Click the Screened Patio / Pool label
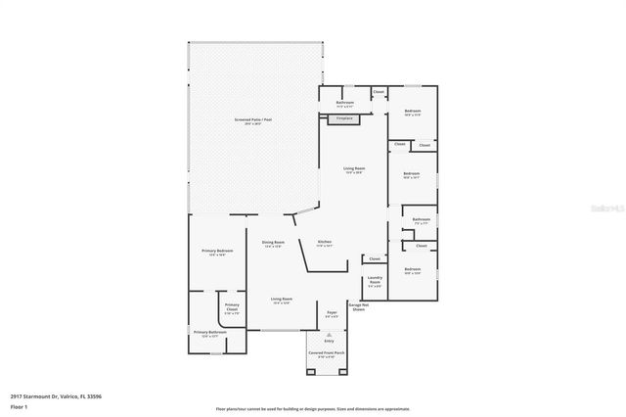pos(248,121)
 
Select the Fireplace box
pos(344,118)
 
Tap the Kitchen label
pos(325,243)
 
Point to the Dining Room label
pos(273,243)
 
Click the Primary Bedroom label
pos(217,253)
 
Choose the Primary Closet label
pos(232,307)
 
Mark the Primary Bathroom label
pos(210,333)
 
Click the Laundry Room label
pos(375,280)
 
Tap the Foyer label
pos(331,313)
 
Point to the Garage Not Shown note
pos(358,307)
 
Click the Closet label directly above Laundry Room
pos(375,258)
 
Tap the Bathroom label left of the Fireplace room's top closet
pos(345,103)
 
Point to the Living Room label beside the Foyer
pos(282,300)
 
